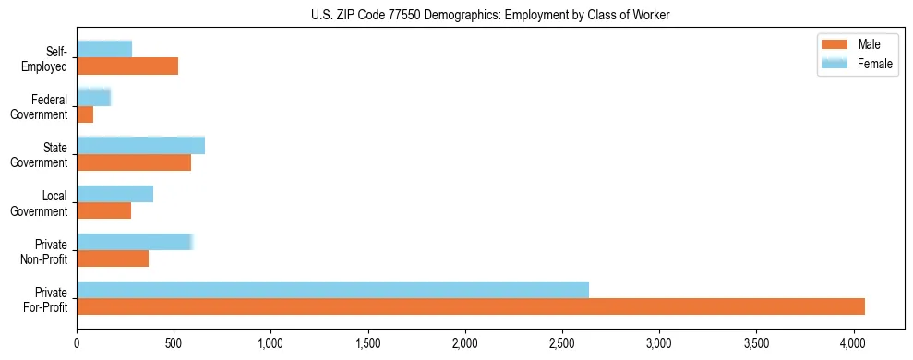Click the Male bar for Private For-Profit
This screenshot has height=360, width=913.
471,306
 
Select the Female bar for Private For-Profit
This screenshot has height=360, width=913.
332,290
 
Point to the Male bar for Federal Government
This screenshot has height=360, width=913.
85,114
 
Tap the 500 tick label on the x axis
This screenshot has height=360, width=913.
174,342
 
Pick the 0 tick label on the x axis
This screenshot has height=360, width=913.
77,342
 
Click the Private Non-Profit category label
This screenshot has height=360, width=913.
45,251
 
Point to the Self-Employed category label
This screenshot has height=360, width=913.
48,58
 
